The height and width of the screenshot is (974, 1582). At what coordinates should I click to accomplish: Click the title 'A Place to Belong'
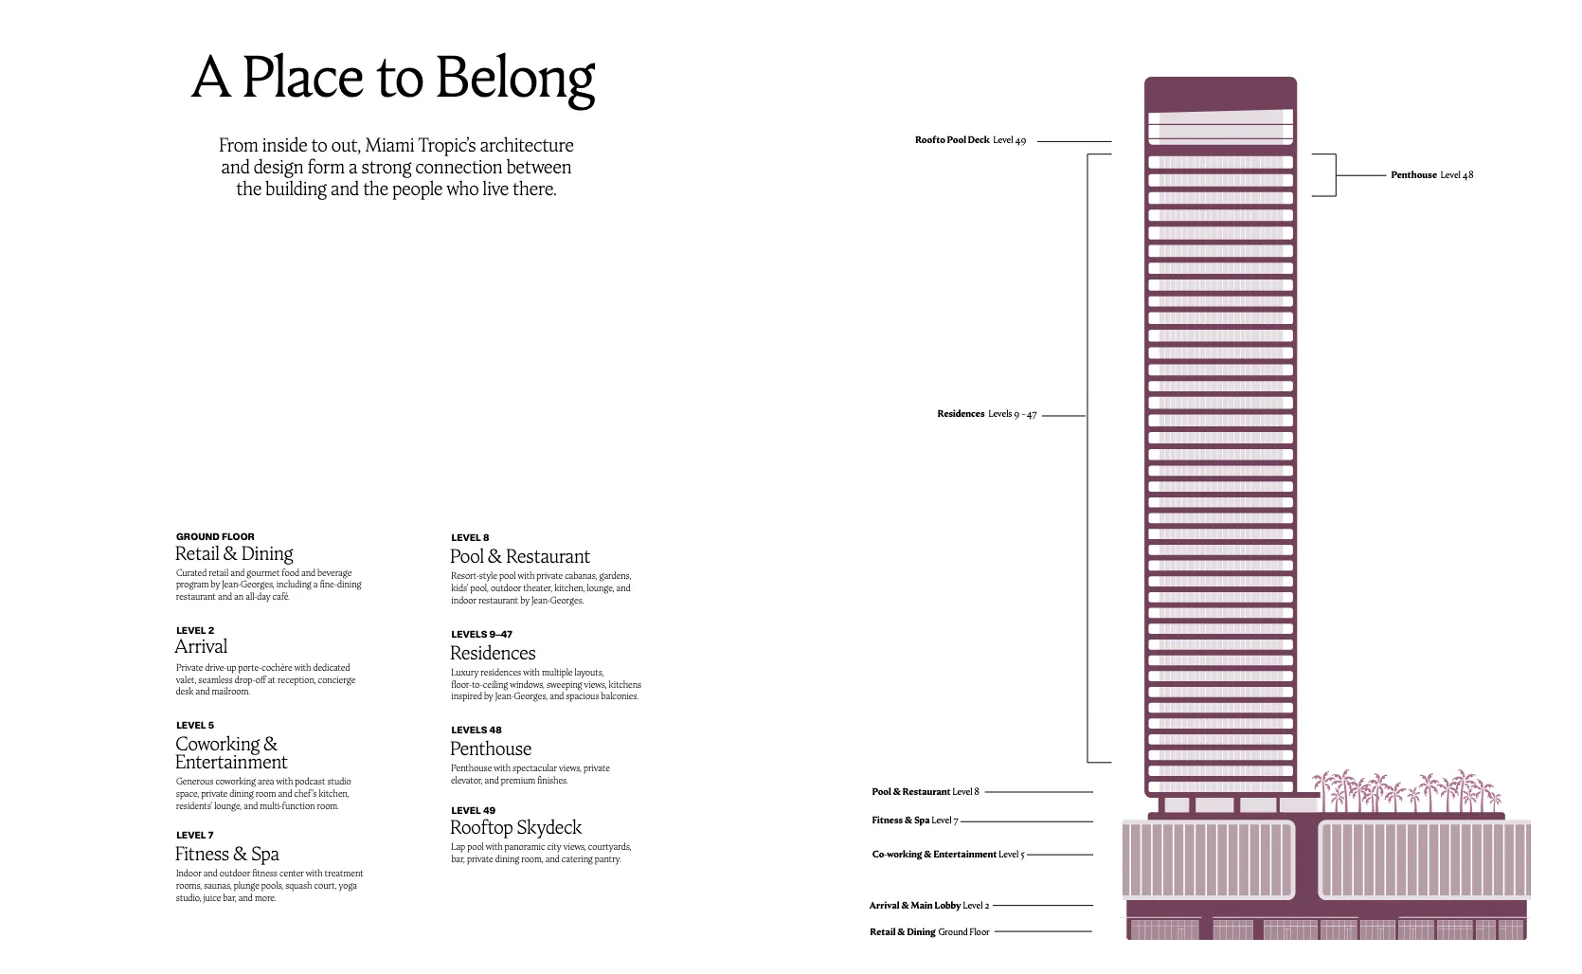pyautogui.click(x=393, y=78)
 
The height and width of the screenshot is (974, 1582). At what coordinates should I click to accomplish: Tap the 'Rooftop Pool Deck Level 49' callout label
pyautogui.click(x=970, y=140)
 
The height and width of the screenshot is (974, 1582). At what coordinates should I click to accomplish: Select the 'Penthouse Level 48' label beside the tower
pyautogui.click(x=1431, y=175)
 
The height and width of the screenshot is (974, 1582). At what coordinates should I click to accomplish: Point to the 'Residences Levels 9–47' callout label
pyautogui.click(x=987, y=414)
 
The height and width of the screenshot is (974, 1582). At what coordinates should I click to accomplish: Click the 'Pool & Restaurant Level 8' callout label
pyautogui.click(x=926, y=792)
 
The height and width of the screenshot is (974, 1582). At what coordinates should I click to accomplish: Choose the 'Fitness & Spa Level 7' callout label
pyautogui.click(x=914, y=821)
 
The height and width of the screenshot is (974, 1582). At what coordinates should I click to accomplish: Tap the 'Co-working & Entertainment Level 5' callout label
pyautogui.click(x=948, y=855)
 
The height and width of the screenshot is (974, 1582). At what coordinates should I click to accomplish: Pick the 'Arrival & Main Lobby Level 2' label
pyautogui.click(x=928, y=906)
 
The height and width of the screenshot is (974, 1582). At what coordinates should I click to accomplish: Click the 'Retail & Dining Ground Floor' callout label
pyautogui.click(x=928, y=932)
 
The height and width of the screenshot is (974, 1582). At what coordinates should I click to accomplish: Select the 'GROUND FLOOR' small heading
pyautogui.click(x=215, y=537)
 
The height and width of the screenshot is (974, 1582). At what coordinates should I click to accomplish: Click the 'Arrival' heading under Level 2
pyautogui.click(x=201, y=646)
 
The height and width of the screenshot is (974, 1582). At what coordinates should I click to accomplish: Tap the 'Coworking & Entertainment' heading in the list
pyautogui.click(x=231, y=753)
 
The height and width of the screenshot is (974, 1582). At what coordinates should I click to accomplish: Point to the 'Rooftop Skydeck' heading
pyautogui.click(x=515, y=827)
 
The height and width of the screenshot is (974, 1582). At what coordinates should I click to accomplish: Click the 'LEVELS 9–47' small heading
pyautogui.click(x=481, y=634)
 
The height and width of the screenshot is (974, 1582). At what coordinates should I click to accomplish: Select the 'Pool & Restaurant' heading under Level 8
pyautogui.click(x=520, y=556)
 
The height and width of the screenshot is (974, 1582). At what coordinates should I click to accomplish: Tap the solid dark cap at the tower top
pyautogui.click(x=1220, y=93)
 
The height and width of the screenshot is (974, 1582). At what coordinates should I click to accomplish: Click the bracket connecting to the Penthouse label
pyautogui.click(x=1336, y=175)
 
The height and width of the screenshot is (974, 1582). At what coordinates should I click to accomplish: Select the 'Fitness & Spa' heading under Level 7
pyautogui.click(x=226, y=855)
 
